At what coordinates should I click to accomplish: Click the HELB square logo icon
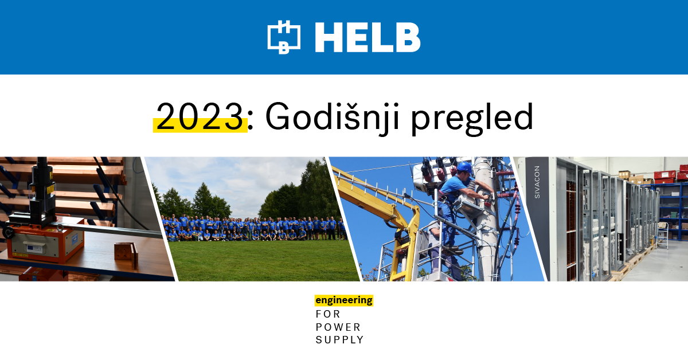click(x=284, y=37)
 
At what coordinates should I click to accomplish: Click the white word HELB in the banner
click(x=368, y=37)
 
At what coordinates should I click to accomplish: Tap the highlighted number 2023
click(x=200, y=117)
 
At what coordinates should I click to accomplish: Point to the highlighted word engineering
click(x=344, y=300)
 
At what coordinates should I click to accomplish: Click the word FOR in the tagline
click(x=328, y=314)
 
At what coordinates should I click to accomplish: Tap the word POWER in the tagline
click(x=338, y=327)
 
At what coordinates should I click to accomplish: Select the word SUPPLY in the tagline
click(x=339, y=340)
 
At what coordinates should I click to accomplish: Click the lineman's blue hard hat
click(x=464, y=167)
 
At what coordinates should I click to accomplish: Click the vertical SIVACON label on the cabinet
click(x=537, y=182)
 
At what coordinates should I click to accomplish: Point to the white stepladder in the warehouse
click(x=663, y=235)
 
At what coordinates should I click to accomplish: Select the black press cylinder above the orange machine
click(x=41, y=185)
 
